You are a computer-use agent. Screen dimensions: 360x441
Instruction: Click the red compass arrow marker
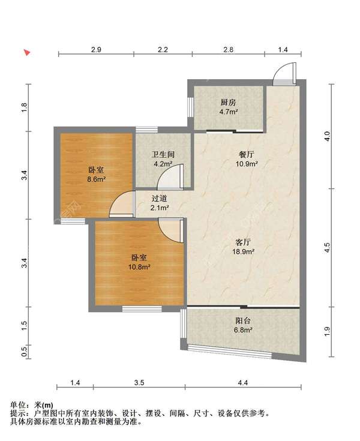pyautogui.click(x=27, y=52)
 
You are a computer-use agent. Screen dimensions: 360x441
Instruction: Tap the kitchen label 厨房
pyautogui.click(x=228, y=103)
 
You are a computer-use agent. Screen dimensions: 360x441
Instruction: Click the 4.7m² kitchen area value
pyautogui.click(x=229, y=112)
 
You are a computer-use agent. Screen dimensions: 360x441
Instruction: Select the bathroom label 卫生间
pyautogui.click(x=163, y=154)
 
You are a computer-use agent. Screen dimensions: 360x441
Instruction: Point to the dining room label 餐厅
pyautogui.click(x=246, y=154)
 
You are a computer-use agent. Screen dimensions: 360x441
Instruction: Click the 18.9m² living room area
pyautogui.click(x=243, y=251)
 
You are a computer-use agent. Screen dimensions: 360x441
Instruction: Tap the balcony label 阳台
pyautogui.click(x=243, y=320)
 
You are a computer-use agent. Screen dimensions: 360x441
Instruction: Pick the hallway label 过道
pyautogui.click(x=159, y=199)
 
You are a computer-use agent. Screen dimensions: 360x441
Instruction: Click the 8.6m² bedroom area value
pyautogui.click(x=96, y=179)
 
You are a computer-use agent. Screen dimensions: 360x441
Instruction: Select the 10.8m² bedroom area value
pyautogui.click(x=139, y=266)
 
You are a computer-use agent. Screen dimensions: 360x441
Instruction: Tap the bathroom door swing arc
pyautogui.click(x=170, y=176)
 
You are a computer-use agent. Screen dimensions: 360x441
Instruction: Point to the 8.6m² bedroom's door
pyautogui.click(x=121, y=204)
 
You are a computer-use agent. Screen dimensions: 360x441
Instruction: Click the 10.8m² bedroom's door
pyautogui.click(x=171, y=230)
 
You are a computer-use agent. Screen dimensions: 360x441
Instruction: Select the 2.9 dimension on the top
pyautogui.click(x=96, y=49)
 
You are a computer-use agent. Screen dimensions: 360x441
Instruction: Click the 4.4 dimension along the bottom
pyautogui.click(x=243, y=383)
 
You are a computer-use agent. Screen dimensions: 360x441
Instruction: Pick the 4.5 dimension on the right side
pyautogui.click(x=327, y=247)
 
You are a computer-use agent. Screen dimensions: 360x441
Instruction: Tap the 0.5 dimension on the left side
pyautogui.click(x=25, y=351)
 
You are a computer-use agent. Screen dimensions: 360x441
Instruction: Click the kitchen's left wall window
pyautogui.click(x=190, y=107)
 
